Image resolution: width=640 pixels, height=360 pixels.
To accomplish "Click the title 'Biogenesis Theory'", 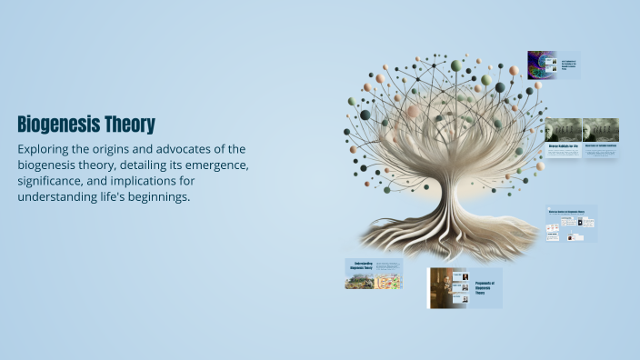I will [86, 124].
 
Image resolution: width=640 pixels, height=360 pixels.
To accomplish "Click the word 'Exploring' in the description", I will [46, 149].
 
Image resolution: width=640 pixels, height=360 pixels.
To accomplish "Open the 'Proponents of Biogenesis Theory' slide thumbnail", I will [465, 287].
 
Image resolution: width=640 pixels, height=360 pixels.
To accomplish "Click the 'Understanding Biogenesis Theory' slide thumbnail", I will [373, 274].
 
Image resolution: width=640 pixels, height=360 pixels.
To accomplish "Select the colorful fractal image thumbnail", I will [542, 65].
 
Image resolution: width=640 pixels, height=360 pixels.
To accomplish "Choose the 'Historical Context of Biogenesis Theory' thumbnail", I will [571, 223].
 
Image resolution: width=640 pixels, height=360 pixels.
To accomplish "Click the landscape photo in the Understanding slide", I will [359, 279].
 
